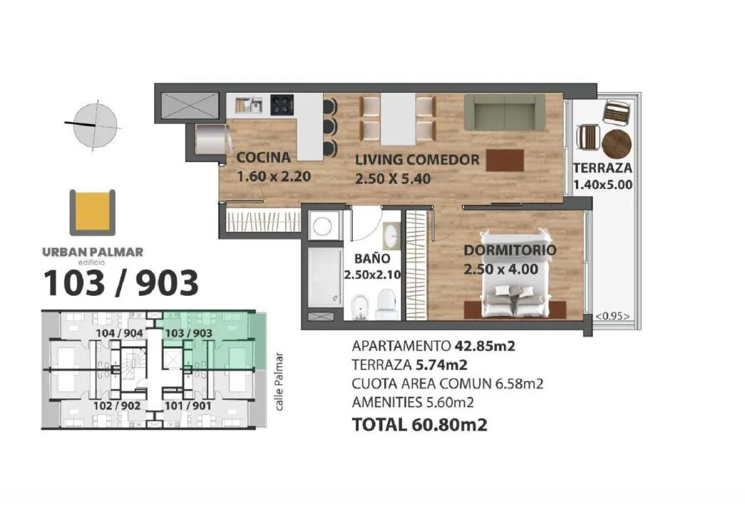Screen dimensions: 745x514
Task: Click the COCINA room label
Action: (263, 158)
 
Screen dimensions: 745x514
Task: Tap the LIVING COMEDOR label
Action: (417, 160)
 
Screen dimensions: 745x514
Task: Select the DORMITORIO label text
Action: (510, 250)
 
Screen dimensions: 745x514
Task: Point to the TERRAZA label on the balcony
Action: (602, 168)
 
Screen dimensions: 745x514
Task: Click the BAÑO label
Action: (372, 258)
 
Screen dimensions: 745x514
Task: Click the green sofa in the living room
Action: (505, 112)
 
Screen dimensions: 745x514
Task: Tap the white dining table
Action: (398, 119)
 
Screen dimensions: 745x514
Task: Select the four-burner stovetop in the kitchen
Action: (282, 105)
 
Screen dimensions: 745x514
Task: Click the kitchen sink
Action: (249, 105)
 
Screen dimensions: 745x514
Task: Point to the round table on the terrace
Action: (617, 143)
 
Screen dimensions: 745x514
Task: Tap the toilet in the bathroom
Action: (386, 304)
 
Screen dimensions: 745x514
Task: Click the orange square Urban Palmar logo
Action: (92, 212)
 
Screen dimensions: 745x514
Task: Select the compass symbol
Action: (95, 125)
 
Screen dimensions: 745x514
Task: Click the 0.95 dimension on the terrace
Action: (612, 316)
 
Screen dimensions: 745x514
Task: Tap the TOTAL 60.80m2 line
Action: (419, 424)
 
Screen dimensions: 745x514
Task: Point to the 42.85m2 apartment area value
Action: (485, 345)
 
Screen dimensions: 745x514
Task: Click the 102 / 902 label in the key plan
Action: (117, 406)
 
